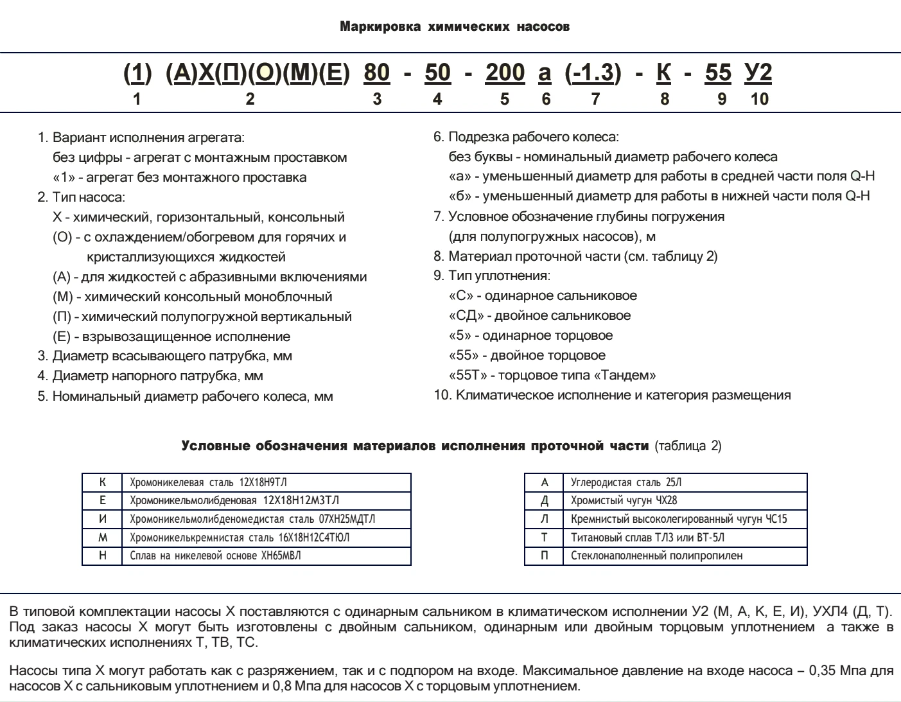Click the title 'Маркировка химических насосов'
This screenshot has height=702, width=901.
454,27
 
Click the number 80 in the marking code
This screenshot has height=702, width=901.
377,73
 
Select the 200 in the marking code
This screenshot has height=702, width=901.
505,73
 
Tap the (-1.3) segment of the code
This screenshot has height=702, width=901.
593,73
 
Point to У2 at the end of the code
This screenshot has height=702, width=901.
758,73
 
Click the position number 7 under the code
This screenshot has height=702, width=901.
595,99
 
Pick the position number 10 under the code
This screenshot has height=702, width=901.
759,99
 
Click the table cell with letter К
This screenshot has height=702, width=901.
102,482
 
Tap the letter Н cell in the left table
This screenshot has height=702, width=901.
102,556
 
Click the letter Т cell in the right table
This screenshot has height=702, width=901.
544,537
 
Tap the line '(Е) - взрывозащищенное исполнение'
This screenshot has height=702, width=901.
171,337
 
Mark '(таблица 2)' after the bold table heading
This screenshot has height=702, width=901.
688,446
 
